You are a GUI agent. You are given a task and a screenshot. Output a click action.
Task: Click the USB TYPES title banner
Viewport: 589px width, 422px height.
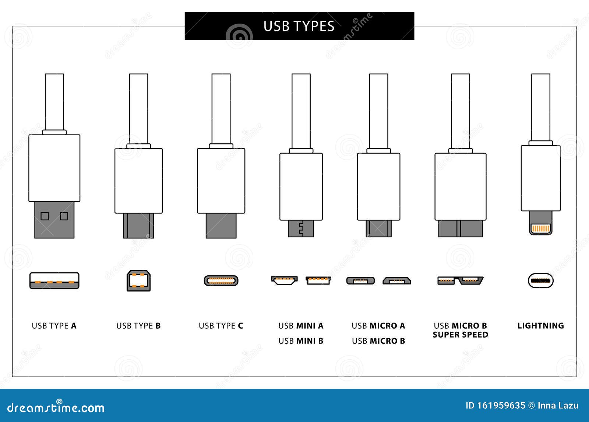point(299,26)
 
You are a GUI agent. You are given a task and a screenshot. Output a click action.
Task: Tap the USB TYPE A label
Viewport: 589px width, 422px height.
point(54,326)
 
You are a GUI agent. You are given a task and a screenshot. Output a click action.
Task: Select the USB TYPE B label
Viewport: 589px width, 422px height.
point(138,326)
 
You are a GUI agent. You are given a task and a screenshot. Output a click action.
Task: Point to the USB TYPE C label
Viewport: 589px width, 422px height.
point(221,326)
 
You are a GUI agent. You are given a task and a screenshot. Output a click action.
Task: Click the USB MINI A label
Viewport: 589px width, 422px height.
point(301,326)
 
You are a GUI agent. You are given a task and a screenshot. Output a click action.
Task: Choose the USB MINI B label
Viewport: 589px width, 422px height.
point(301,341)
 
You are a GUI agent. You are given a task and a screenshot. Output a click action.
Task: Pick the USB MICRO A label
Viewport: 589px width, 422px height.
point(378,326)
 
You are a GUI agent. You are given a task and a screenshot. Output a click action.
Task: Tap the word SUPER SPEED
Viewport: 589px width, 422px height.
point(460,335)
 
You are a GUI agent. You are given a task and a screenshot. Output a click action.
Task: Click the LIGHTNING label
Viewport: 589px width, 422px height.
point(540,326)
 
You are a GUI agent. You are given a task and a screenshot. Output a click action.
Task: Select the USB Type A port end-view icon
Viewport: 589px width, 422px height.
point(54,281)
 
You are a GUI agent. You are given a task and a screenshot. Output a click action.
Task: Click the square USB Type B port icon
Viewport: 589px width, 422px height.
point(138,281)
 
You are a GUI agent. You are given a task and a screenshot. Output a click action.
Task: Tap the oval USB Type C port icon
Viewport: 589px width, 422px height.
point(221,281)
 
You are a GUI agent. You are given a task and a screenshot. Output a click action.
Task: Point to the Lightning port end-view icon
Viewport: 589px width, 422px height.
point(540,281)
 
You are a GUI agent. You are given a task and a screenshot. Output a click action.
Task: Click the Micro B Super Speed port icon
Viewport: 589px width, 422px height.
point(460,281)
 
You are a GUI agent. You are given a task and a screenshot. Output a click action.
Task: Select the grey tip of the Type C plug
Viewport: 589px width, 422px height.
point(221,226)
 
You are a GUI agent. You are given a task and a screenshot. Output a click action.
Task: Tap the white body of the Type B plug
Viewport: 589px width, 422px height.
point(138,181)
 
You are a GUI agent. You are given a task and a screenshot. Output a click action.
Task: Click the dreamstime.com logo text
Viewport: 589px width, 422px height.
point(56,408)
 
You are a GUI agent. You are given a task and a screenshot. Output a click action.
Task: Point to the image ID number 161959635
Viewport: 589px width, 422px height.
point(501,406)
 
